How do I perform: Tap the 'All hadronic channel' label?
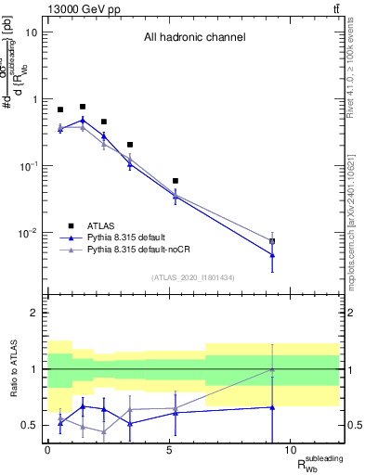pyautogui.click(x=194, y=38)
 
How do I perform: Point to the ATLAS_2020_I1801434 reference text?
pyautogui.click(x=193, y=277)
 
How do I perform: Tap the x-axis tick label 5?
pyautogui.click(x=169, y=450)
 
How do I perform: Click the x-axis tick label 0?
pyautogui.click(x=48, y=450)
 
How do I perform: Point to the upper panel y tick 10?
pyautogui.click(x=31, y=32)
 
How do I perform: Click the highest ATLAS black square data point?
pyautogui.click(x=83, y=107)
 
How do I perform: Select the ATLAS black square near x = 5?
pyautogui.click(x=175, y=181)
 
